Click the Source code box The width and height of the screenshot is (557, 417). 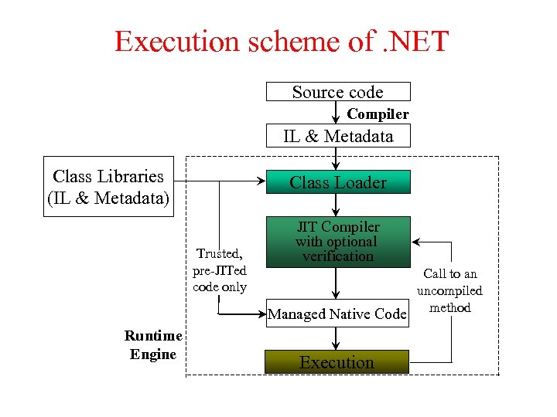point(338,92)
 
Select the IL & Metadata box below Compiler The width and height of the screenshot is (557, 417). point(338,137)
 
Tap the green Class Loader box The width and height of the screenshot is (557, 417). point(338,182)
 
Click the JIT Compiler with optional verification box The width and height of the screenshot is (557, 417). point(338,242)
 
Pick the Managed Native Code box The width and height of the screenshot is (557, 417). point(337,314)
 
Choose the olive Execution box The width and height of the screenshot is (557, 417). point(337,362)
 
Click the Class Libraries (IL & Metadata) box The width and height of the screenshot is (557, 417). point(108,188)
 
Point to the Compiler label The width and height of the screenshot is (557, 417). point(378,114)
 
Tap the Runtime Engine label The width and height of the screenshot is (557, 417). point(153,345)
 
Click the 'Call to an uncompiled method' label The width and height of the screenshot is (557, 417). point(449,290)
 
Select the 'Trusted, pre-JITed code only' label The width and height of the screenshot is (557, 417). point(220,270)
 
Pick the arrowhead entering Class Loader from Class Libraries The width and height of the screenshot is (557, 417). point(260,182)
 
